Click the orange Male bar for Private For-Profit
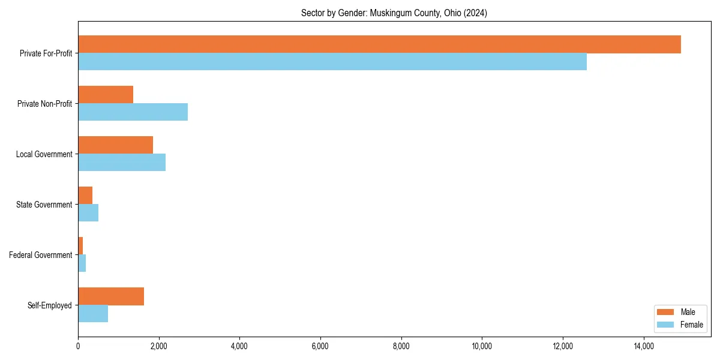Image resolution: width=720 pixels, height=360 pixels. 379,44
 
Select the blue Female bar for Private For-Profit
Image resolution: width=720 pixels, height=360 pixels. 332,62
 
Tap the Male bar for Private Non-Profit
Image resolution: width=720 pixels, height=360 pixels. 106,95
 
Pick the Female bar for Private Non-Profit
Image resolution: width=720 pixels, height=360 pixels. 133,112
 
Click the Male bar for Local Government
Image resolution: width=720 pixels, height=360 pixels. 115,145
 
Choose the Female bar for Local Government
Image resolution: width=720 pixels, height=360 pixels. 122,163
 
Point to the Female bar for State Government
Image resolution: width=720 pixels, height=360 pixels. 88,213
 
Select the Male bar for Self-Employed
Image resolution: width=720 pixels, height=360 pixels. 111,296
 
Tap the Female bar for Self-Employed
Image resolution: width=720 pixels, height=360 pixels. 93,314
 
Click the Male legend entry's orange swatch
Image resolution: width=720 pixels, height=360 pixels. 666,312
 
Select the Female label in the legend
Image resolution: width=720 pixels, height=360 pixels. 692,325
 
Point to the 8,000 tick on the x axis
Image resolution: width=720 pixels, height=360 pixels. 401,346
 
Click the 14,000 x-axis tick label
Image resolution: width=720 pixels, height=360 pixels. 644,346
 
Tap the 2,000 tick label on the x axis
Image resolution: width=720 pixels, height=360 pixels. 158,346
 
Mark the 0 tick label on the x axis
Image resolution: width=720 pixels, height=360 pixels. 78,346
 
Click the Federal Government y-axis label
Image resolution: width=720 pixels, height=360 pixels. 41,255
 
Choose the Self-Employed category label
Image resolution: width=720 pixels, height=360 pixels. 50,305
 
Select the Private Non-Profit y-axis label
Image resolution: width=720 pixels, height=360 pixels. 44,104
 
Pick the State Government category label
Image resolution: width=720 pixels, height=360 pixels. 44,205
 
